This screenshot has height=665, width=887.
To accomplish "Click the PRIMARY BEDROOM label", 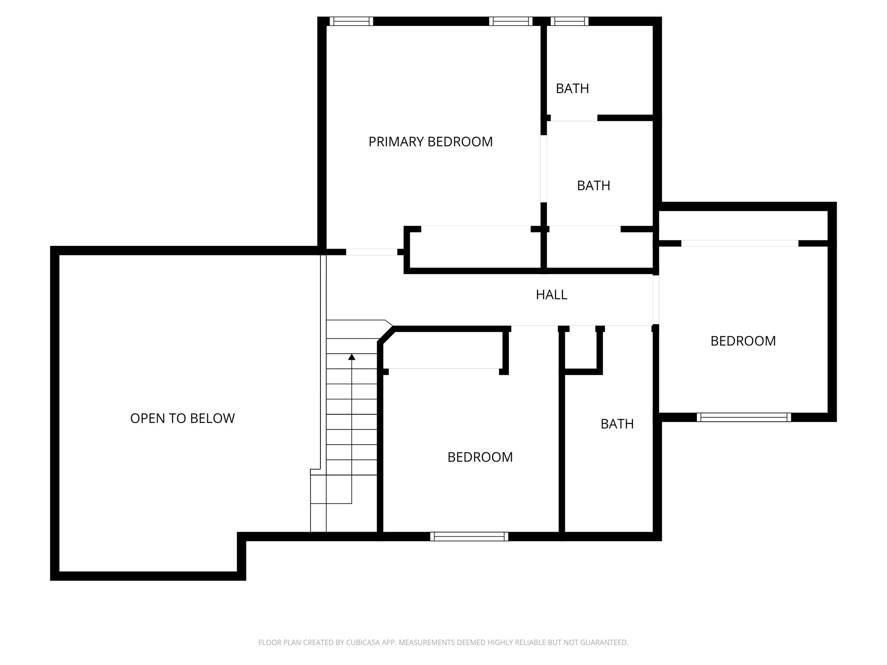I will pos(430,142).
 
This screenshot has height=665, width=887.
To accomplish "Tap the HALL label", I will pos(551,295).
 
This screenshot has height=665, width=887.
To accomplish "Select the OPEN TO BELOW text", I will pos(182,418).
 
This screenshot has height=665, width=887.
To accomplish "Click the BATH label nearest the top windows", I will pos(572,89).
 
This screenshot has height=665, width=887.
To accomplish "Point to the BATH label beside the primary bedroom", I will pos(593,186).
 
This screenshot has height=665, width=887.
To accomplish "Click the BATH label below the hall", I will pos(617,424).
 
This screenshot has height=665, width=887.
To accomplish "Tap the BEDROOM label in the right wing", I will pos(743,341).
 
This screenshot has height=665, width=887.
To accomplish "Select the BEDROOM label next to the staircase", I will pos(480,457).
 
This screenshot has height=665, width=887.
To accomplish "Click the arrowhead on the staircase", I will pos(352,357).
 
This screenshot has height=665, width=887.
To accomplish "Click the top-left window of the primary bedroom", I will pos(351,21).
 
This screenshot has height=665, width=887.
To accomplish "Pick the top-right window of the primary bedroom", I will pos(511,21).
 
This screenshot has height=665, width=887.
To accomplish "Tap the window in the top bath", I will pos(570,21).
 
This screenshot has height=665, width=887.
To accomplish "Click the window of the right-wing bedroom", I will pos(744,417).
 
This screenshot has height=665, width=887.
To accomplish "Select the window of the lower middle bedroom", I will pos(469,537).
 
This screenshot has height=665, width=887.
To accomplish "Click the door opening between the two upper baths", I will pos(573,118).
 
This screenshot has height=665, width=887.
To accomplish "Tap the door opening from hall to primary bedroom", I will pos(372,252).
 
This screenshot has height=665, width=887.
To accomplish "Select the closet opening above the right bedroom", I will pos(739,244).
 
